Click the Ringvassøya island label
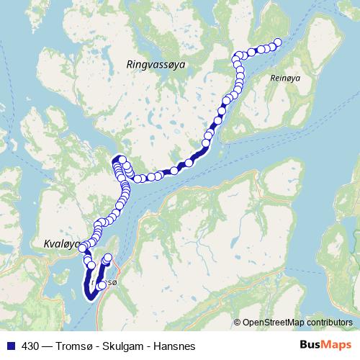coord(156,64)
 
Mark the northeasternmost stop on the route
coord(278,42)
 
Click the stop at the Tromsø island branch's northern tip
coord(109,258)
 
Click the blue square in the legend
coord(9,345)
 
